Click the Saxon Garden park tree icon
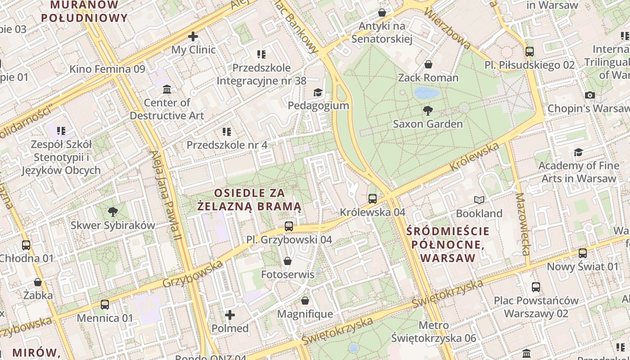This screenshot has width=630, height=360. click(427, 110)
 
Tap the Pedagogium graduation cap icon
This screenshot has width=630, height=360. click(318, 92)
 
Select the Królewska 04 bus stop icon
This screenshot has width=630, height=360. click(372, 198)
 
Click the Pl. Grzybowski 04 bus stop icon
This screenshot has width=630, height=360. click(289, 226)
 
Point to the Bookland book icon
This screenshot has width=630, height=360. click(479, 200)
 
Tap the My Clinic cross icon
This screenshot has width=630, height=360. click(193, 36)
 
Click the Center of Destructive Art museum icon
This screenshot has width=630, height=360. click(167, 89)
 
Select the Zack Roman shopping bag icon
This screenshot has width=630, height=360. click(428, 64)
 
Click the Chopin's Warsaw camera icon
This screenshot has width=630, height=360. click(589, 95)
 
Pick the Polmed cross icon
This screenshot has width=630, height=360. click(230, 315)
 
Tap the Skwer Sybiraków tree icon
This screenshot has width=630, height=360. click(112, 211)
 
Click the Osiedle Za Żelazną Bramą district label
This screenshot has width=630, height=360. click(249, 200)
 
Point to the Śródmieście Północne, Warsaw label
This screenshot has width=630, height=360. click(448, 245)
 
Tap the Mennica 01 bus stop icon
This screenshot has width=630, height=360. click(105, 305)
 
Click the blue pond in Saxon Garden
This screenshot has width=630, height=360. click(426, 93)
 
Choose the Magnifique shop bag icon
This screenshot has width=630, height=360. click(305, 301)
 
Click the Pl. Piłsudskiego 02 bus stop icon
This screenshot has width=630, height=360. click(530, 51)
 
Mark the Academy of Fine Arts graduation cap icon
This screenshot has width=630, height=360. click(578, 153)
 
